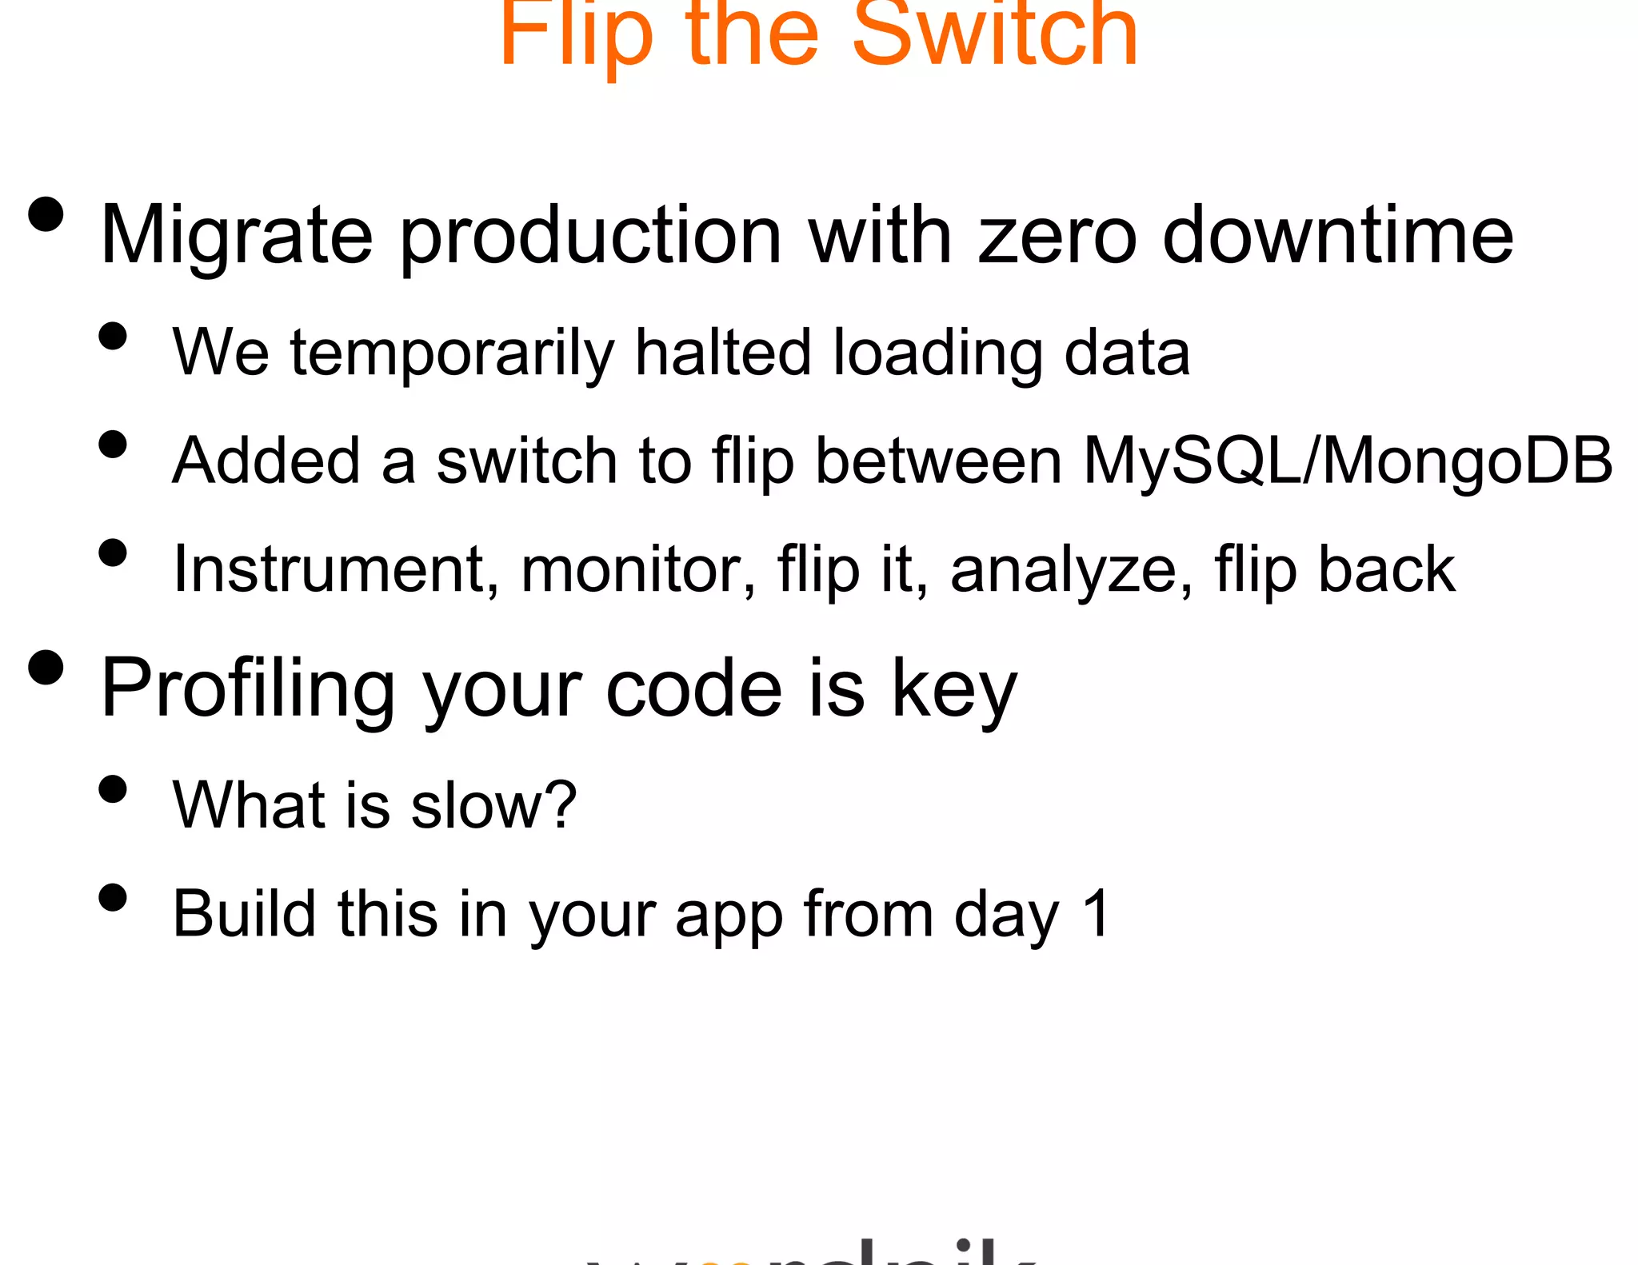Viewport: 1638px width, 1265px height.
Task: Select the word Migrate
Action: click(x=237, y=236)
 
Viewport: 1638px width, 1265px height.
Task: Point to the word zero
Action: click(x=1057, y=236)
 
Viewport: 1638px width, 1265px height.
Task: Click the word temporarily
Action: click(x=452, y=353)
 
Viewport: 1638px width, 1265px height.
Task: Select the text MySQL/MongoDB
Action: click(x=1347, y=461)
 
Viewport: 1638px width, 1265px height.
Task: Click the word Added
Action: click(x=266, y=461)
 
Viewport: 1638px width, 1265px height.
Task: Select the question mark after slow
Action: click(x=561, y=804)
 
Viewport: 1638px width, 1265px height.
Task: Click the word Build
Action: click(x=244, y=913)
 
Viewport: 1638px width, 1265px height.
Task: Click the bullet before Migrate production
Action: click(x=46, y=214)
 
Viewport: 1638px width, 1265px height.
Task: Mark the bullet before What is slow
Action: click(x=113, y=788)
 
